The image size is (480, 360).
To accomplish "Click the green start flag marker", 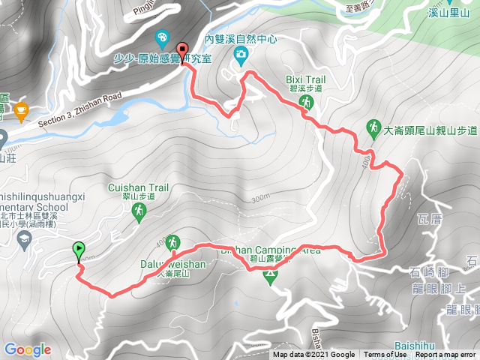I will coord(79,250).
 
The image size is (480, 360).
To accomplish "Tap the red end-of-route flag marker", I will coord(185,53).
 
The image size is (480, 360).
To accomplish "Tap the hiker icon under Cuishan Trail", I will coord(139,214).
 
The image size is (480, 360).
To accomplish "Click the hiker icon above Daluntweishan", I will coord(173,242).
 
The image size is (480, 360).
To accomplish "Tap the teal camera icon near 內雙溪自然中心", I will coord(241,54).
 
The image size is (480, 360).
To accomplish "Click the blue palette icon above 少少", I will coord(162,37).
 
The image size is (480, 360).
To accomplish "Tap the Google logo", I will coord(27,349).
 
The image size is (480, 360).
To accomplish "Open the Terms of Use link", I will coord(385,355).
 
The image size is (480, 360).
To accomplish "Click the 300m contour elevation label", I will coord(260,199).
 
